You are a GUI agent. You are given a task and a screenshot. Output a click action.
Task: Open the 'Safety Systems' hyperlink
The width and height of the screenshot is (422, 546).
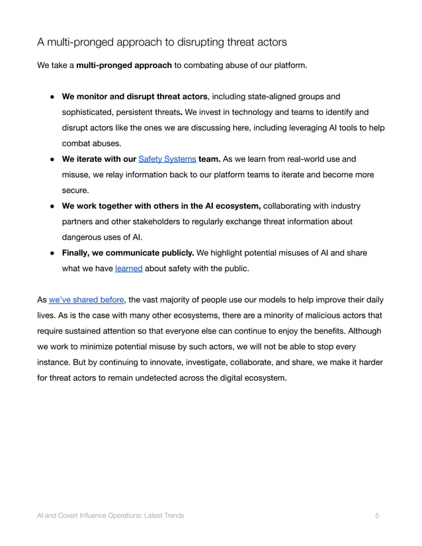[167, 159]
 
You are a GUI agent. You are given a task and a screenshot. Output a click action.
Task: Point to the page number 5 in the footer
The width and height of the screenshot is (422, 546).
[377, 515]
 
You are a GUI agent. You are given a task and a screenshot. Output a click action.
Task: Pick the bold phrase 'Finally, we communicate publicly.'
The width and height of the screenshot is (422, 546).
[128, 253]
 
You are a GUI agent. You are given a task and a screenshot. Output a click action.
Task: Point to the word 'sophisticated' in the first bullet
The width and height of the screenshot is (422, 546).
[89, 112]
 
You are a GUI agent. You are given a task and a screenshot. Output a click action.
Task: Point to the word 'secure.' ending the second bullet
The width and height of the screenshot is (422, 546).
[75, 190]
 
